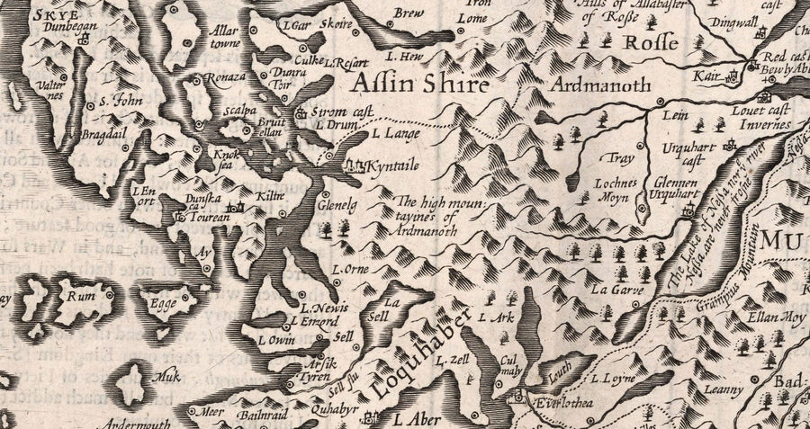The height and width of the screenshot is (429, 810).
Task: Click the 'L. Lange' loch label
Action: pos(390,133)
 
